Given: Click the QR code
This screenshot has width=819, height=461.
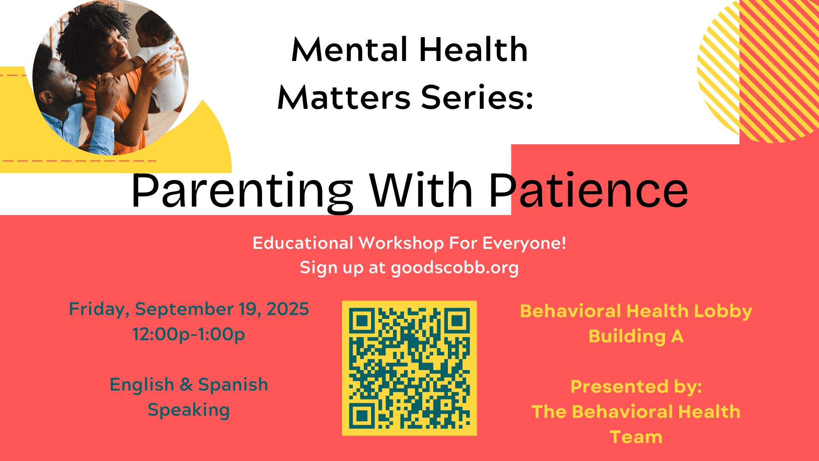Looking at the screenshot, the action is [409, 368].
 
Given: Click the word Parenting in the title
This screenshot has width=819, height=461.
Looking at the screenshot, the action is [242, 192].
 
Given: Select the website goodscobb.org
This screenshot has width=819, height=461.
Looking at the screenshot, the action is [455, 268].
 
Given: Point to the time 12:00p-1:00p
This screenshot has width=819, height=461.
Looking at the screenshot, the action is [189, 334].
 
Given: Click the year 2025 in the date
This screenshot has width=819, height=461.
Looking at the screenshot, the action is [288, 309].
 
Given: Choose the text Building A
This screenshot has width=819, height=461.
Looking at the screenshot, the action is [636, 336].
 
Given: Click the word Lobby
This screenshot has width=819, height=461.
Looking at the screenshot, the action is [723, 312].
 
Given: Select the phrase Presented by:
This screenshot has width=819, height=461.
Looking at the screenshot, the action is [636, 387].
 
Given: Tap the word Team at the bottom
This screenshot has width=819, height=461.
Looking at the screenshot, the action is [636, 437].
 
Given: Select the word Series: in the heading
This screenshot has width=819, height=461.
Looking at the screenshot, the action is [477, 97].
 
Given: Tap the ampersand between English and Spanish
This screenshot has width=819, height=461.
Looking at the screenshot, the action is [186, 385].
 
